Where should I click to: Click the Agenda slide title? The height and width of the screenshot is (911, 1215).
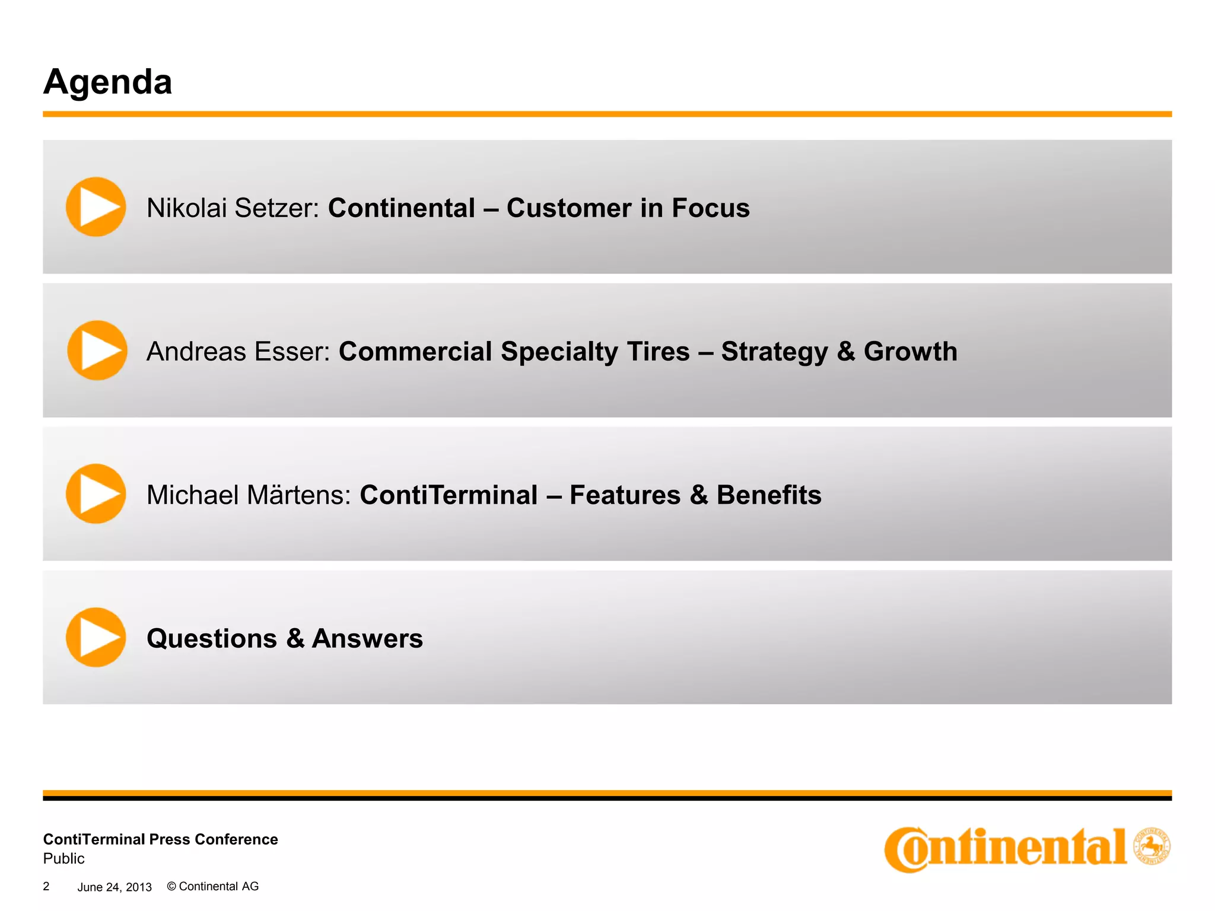[x=107, y=82]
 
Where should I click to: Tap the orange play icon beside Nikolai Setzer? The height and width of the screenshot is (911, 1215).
[x=96, y=207]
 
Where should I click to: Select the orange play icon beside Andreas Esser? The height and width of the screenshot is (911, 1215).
[x=97, y=351]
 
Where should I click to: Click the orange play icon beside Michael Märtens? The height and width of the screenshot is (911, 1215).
[x=96, y=493]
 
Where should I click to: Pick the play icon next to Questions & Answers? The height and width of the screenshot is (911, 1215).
[x=96, y=637]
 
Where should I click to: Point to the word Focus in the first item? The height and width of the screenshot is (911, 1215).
[x=711, y=208]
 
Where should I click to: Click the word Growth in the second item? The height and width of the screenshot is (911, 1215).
[x=910, y=352]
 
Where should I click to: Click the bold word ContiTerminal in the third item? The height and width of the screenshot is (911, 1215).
[x=449, y=495]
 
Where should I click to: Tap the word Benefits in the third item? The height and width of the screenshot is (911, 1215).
[x=769, y=495]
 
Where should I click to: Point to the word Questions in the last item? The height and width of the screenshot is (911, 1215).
[x=212, y=639]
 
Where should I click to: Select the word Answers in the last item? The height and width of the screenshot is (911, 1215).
[x=367, y=639]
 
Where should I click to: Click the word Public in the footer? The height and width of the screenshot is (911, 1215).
[x=64, y=858]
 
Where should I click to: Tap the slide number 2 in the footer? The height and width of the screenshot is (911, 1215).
[x=46, y=886]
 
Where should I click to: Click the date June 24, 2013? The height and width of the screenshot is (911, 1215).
[x=114, y=887]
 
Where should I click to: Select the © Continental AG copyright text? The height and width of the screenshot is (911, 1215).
[x=213, y=886]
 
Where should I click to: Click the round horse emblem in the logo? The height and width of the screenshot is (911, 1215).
[x=1151, y=846]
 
